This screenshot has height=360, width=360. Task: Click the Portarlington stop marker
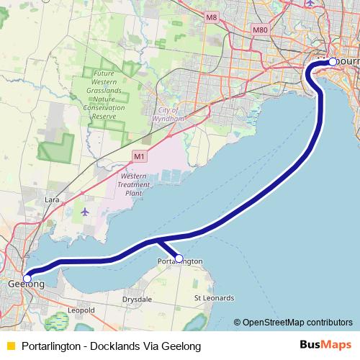179,258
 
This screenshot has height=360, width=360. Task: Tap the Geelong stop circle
27,278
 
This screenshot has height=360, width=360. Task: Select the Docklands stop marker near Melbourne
332,62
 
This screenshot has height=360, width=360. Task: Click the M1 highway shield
140,155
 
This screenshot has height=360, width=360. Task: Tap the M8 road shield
211,17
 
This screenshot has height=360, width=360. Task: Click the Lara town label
52,199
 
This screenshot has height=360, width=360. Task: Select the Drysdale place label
136,298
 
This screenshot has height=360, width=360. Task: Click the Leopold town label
81,310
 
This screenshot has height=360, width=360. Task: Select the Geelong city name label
26,286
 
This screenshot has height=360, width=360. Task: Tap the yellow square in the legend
10,346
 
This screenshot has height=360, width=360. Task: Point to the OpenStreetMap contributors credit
297,323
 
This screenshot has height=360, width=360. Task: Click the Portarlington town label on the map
179,261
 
